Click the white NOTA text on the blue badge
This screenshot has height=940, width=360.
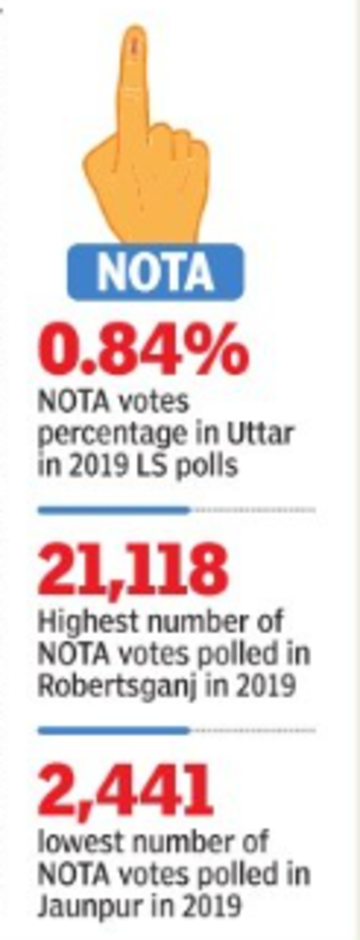coord(155,271)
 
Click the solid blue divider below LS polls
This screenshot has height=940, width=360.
coord(113,510)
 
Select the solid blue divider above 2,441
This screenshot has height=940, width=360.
coord(113,731)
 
